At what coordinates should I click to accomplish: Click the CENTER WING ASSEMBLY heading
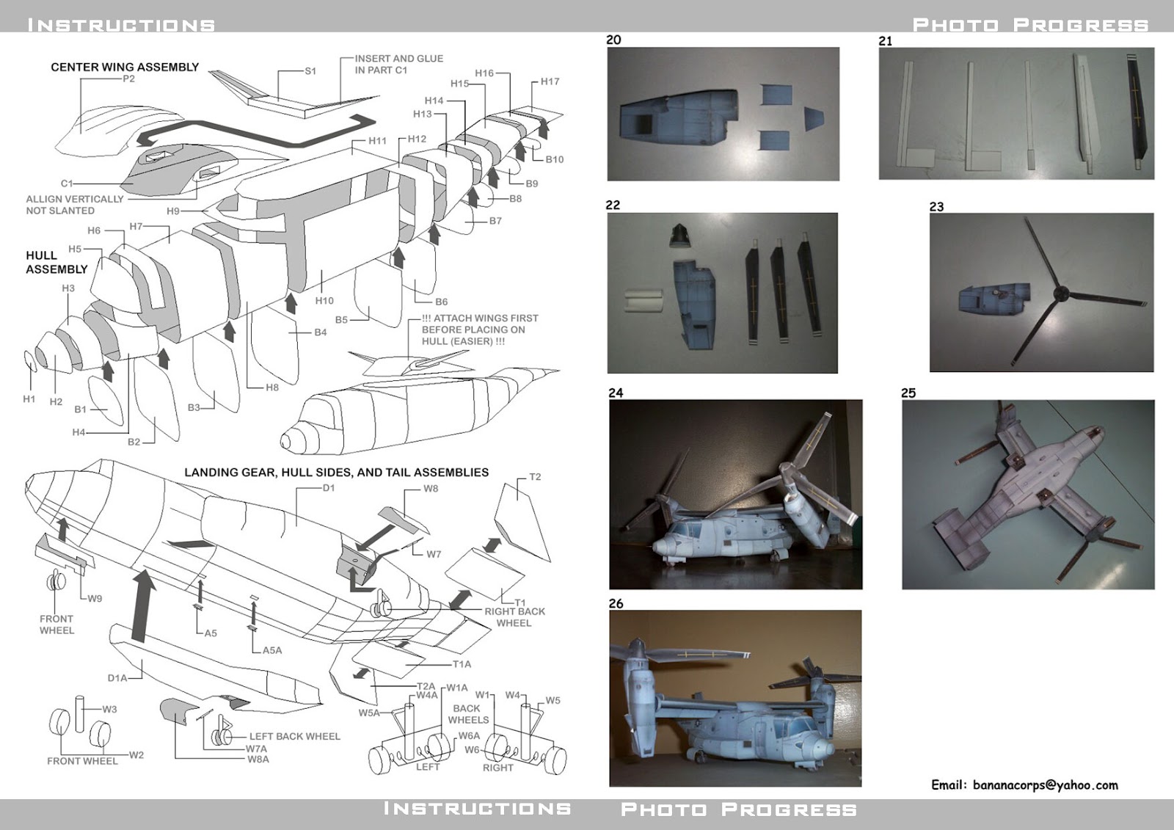[x=125, y=67]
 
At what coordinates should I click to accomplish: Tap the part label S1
[x=310, y=71]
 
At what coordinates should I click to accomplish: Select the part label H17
[x=550, y=81]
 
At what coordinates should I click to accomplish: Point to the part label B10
[x=555, y=159]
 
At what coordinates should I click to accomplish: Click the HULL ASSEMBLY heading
[x=56, y=262]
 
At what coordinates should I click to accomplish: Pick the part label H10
[x=324, y=300]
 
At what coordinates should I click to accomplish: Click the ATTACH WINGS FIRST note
[x=480, y=330]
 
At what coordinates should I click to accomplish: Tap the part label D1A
[x=117, y=678]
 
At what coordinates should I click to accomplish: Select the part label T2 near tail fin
[x=535, y=477]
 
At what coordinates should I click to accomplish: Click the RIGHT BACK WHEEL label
[x=514, y=617]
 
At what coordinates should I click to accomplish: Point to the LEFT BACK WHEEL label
[x=294, y=736]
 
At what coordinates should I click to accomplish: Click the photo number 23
[x=936, y=206]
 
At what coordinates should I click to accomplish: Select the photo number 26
[x=616, y=603]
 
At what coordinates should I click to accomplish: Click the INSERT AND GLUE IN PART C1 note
[x=398, y=64]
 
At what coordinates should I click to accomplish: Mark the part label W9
[x=95, y=598]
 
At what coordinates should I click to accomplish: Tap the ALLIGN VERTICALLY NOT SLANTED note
[x=74, y=205]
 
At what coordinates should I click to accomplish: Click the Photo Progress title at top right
[x=1030, y=25]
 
